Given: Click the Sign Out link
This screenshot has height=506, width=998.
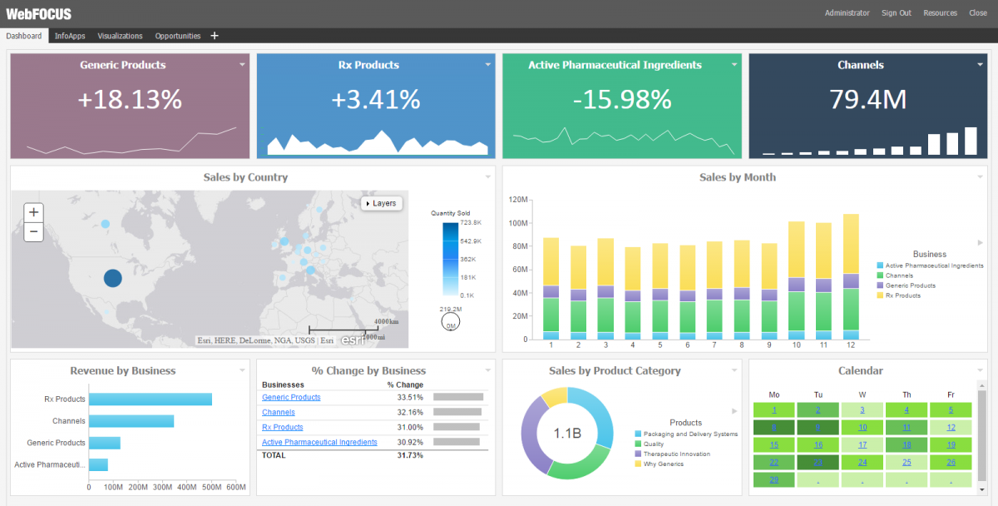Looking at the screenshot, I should [896, 12].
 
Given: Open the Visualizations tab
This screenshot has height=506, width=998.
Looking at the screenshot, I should [120, 36].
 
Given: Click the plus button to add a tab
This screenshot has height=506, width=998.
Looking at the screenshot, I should [215, 36].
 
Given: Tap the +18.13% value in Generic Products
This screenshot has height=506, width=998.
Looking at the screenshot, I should [130, 100].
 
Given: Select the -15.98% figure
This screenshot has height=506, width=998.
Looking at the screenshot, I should [622, 100].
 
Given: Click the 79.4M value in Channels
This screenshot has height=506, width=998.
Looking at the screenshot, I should [867, 100].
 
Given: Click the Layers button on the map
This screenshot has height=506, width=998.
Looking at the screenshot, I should [382, 203].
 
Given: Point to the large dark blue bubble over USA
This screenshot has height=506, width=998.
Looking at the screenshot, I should [112, 278].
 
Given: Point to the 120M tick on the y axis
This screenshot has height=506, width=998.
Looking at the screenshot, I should [518, 200].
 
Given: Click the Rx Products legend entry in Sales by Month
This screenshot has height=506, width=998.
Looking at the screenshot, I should [902, 295].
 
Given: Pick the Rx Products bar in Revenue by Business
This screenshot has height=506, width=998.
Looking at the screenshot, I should [150, 399].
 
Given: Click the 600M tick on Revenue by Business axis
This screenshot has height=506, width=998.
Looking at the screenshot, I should [236, 487].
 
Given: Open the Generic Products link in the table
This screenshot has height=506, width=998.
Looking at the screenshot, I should [291, 397].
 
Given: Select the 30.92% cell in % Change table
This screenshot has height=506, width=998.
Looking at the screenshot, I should [409, 442].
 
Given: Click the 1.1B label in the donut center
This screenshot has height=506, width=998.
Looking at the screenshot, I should [567, 434].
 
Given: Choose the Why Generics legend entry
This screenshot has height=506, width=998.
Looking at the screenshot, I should [664, 464].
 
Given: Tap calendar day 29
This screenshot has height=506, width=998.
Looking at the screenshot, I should [774, 479].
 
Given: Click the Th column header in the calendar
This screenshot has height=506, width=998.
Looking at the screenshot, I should [907, 394].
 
